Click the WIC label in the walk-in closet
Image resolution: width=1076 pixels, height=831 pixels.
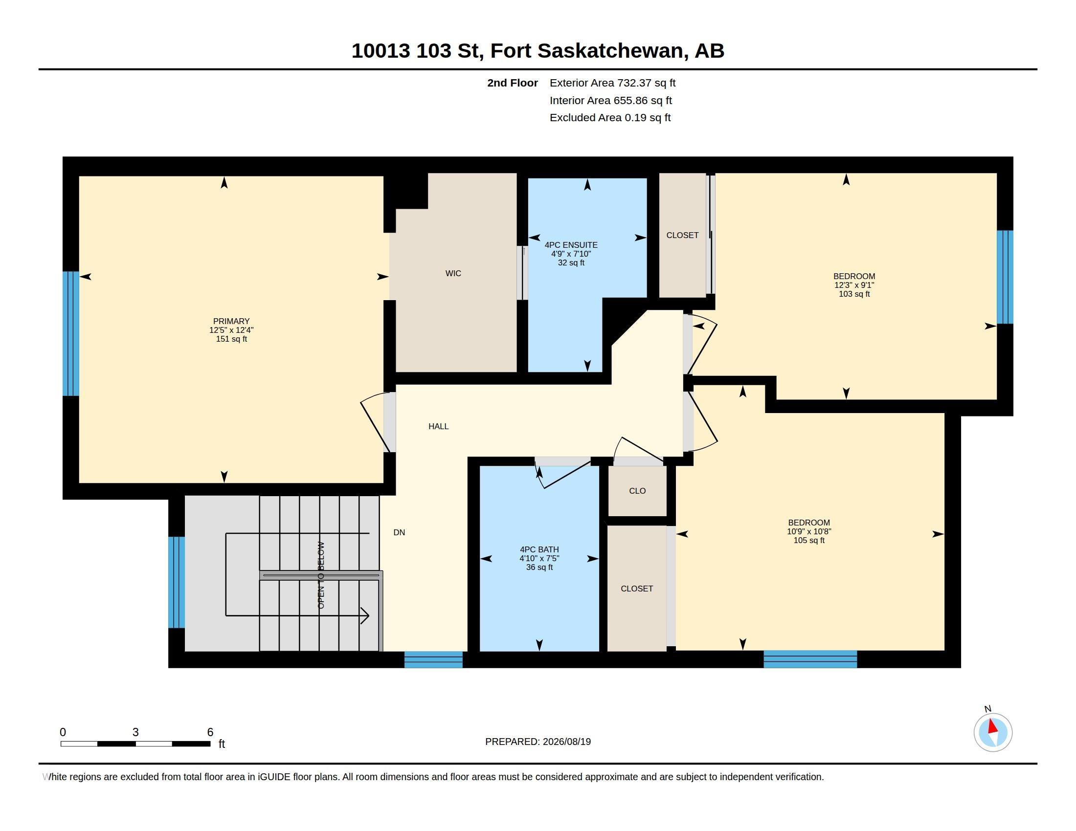click(x=453, y=273)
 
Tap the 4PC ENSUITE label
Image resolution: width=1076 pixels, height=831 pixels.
click(x=571, y=245)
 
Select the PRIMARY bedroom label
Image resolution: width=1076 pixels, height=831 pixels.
click(x=231, y=321)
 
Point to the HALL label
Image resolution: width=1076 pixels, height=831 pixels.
click(x=439, y=426)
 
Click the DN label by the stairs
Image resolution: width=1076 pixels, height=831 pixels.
click(x=399, y=532)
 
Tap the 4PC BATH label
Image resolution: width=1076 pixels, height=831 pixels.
click(x=539, y=549)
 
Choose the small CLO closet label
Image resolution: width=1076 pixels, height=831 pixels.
click(x=637, y=491)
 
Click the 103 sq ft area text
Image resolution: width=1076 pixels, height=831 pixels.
click(x=854, y=294)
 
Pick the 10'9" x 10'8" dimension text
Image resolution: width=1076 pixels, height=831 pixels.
click(x=809, y=532)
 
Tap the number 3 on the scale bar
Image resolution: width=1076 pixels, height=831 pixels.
click(x=135, y=732)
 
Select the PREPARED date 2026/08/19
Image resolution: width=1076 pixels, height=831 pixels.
click(x=566, y=742)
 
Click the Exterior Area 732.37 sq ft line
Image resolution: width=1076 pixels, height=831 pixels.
click(x=612, y=83)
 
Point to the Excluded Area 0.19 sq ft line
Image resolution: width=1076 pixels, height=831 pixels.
click(x=610, y=118)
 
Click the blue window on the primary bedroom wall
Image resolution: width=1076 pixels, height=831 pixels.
click(x=71, y=333)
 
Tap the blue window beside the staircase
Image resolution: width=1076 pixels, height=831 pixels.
click(x=177, y=582)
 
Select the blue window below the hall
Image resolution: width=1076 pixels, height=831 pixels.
click(x=433, y=659)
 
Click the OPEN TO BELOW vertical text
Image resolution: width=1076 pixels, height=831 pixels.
click(x=321, y=575)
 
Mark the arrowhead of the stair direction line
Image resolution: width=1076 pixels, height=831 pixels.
click(x=365, y=615)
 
